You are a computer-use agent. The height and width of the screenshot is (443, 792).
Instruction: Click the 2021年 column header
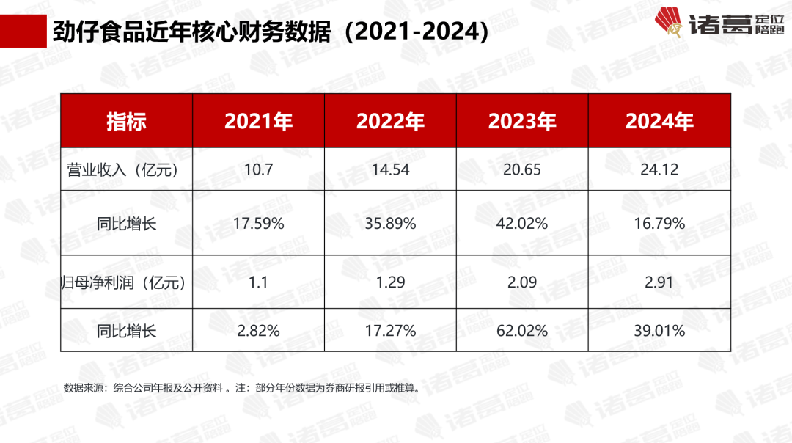(x=258, y=121)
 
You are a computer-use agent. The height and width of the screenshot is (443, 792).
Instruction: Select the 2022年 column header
(x=390, y=121)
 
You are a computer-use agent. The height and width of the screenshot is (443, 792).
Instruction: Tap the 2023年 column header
(x=522, y=121)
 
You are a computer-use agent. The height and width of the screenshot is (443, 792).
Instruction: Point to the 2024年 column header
(x=659, y=121)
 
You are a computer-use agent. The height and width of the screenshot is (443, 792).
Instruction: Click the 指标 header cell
(x=126, y=121)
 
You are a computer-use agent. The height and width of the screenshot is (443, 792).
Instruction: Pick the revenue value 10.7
(x=258, y=169)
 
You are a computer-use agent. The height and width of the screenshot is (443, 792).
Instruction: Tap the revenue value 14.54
(x=390, y=169)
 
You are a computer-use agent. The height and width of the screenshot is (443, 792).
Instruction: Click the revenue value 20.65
(x=522, y=169)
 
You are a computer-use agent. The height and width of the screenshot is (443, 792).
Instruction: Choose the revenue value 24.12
(x=659, y=169)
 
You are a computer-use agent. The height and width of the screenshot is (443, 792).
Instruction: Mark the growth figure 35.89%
(x=390, y=224)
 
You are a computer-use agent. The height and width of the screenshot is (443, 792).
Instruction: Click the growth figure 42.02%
(x=522, y=224)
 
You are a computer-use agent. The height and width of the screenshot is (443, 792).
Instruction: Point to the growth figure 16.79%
(x=659, y=224)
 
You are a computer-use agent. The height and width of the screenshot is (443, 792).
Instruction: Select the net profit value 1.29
(x=390, y=282)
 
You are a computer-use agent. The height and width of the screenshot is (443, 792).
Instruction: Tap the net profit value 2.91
(x=659, y=282)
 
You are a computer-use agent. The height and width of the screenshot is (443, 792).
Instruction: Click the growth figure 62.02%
(x=522, y=331)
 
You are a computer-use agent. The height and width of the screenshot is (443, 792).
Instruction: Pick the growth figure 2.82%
(x=258, y=331)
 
